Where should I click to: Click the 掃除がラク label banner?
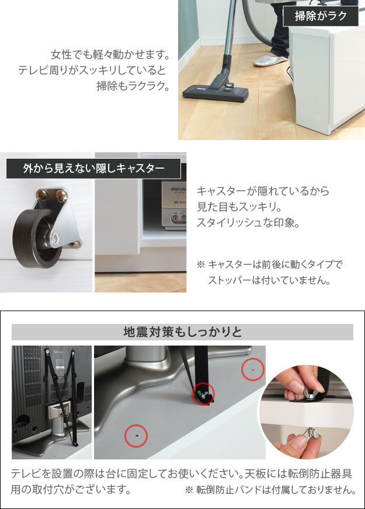pos(321,16)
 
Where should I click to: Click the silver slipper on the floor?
pos(270,60)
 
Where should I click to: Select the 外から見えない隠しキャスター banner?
pos(93,169)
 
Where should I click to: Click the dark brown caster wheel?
pos(33,238)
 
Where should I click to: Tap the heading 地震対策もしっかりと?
pos(182,332)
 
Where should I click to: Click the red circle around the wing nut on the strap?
pos(203,394)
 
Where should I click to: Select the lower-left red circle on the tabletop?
pos(136,435)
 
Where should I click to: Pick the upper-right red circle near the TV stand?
pos(253,369)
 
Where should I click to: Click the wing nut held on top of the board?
pos(308,393)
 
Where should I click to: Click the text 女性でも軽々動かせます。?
pos(110,54)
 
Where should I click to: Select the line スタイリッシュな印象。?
pos(248,223)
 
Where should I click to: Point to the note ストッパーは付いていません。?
pos(270,280)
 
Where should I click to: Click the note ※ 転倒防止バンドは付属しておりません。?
pos(270,490)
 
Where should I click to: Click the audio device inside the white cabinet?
pos(174,206)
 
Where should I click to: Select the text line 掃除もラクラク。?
pos(133,86)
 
